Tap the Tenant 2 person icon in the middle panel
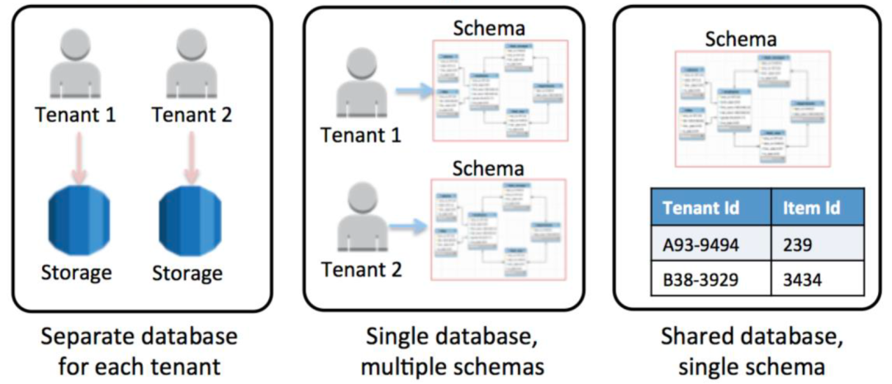pos(360,217)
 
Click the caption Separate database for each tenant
pos(140,351)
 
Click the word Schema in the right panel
pos(740,39)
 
